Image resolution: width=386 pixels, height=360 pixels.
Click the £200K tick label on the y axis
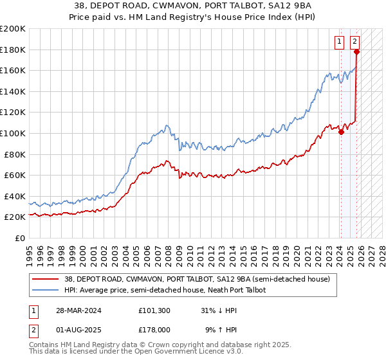[x=13, y=29]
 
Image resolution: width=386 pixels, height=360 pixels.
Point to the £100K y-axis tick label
[x=13, y=133]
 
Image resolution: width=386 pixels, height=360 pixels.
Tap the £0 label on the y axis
[x=19, y=238]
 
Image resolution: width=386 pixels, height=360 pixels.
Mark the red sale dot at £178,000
[x=356, y=52]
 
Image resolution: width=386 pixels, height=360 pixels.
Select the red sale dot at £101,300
[x=342, y=132]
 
